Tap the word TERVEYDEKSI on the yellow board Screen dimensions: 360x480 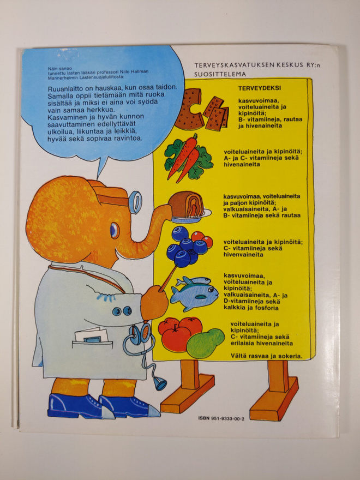tap(260, 88)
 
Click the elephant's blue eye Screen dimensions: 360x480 tap(115, 230)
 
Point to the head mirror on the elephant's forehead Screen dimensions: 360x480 tap(135, 202)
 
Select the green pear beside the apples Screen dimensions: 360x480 tap(206, 343)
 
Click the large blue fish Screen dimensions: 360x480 tap(195, 296)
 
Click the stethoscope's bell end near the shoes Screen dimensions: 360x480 tap(160, 383)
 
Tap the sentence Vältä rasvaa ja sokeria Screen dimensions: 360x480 tap(266, 356)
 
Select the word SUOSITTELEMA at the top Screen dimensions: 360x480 tap(220, 74)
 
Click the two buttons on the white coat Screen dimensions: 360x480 tap(122, 311)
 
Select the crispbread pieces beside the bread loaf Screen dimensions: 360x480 tap(217, 113)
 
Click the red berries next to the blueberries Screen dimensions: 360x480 tap(202, 239)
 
